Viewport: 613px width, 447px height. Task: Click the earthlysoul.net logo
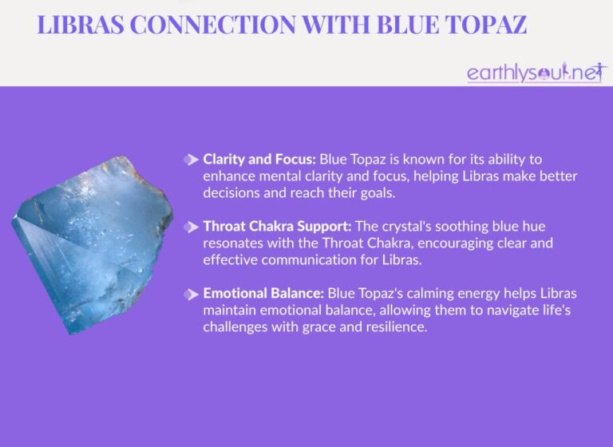click(x=536, y=73)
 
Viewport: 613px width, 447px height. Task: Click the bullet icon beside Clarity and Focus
click(x=192, y=160)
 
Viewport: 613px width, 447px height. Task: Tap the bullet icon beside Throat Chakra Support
click(x=192, y=227)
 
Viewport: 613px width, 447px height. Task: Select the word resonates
click(x=235, y=243)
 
